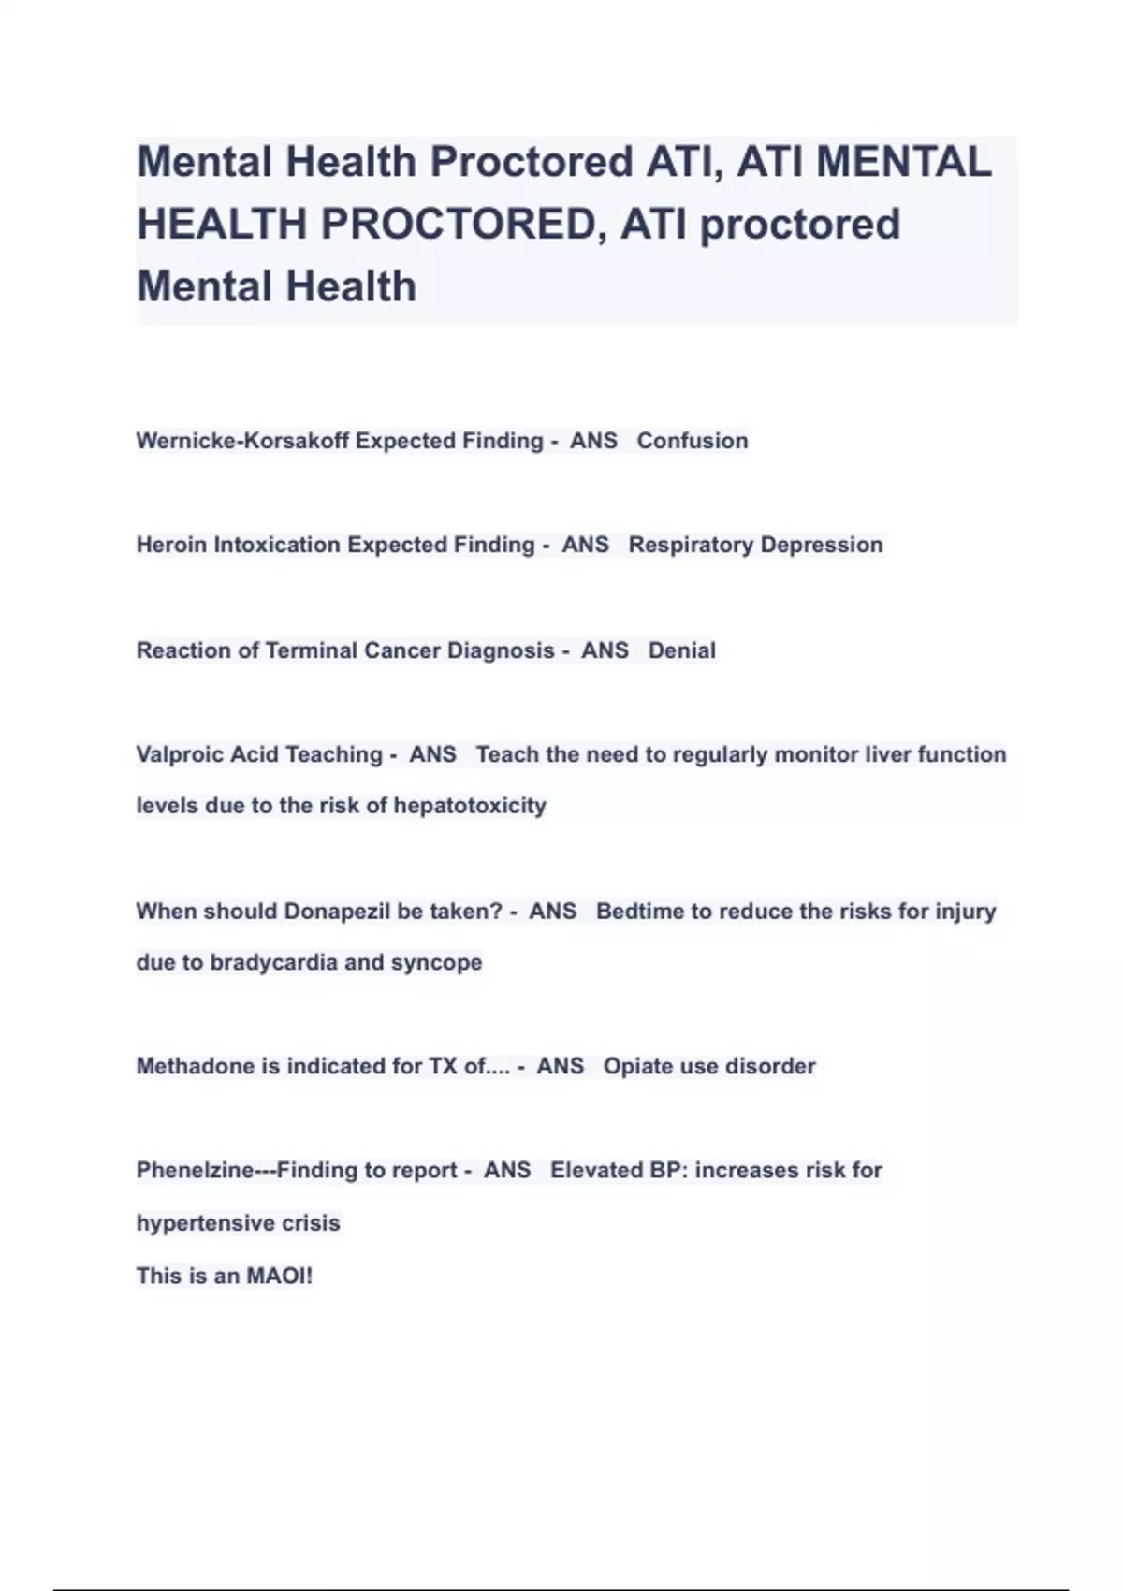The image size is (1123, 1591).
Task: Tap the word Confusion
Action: pyautogui.click(x=693, y=441)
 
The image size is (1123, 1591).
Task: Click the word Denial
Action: pyautogui.click(x=682, y=650)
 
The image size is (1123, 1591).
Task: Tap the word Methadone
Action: pyautogui.click(x=195, y=1067)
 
